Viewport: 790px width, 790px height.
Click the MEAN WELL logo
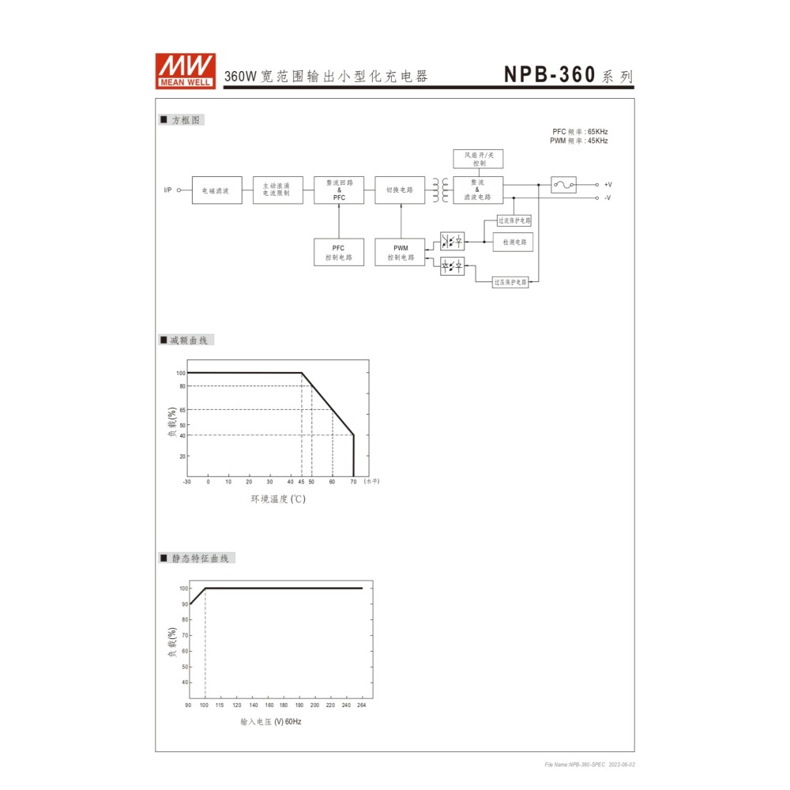point(185,70)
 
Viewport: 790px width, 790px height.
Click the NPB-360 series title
point(568,75)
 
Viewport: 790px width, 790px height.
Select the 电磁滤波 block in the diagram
point(216,190)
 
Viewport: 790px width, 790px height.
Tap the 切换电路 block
point(400,190)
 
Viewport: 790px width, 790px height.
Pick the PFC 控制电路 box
point(339,253)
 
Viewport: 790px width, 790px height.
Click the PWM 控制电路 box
point(400,253)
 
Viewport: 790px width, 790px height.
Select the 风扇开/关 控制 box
point(478,158)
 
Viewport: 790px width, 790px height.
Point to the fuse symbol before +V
point(563,185)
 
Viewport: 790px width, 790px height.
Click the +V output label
point(608,185)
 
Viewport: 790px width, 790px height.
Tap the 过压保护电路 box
point(510,282)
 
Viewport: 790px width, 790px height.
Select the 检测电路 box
point(513,243)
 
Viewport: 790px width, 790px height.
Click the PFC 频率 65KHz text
point(580,131)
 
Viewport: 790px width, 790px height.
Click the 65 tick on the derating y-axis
point(182,409)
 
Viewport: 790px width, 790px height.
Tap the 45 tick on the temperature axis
point(301,481)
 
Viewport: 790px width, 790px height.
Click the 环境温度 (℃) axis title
point(277,499)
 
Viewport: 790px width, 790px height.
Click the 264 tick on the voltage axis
point(362,705)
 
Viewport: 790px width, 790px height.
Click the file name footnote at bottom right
point(589,765)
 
